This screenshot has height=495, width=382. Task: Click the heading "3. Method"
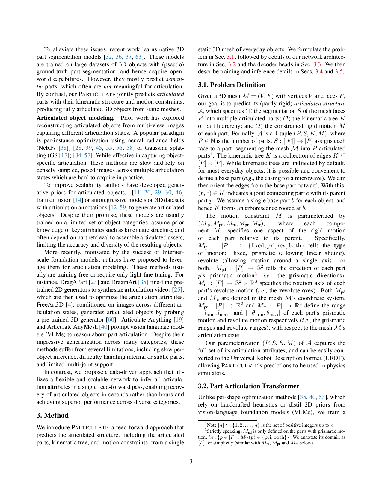tap(52, 415)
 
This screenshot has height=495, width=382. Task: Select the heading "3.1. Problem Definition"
tap(232, 85)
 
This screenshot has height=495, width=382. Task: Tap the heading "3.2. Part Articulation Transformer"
tap(248, 386)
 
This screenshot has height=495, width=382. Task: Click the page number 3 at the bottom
tap(191, 461)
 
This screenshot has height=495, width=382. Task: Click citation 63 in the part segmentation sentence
tap(138, 57)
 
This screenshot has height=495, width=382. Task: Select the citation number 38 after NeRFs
tap(64, 148)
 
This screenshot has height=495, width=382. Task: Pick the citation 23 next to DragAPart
tap(94, 282)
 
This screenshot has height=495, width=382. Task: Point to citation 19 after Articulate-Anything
tap(179, 319)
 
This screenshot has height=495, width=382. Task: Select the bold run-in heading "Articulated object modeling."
tap(76, 118)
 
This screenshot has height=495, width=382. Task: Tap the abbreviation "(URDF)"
tap(334, 358)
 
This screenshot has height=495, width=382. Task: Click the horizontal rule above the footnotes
tap(227, 421)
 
